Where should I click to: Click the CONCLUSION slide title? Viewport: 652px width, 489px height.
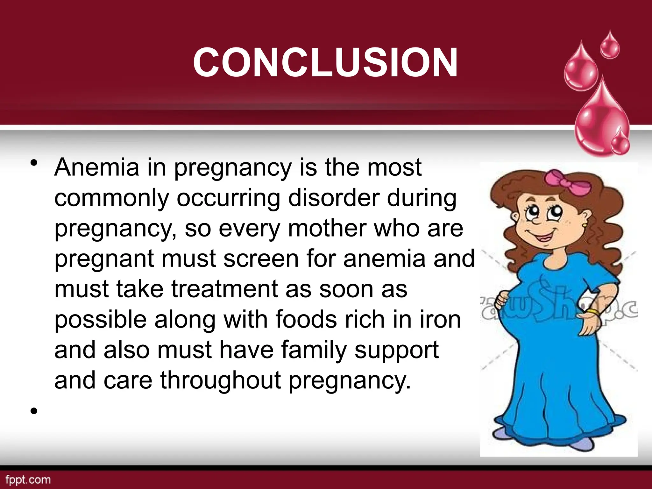(325, 62)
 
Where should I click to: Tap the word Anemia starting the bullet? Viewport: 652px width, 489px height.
(97, 167)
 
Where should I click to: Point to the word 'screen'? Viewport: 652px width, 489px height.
(261, 259)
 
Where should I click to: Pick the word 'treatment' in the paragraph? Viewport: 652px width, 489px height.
(225, 289)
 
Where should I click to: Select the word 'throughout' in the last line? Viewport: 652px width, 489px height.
(221, 380)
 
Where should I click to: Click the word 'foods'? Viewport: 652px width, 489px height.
(306, 320)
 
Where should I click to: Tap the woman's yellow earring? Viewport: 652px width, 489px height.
(585, 225)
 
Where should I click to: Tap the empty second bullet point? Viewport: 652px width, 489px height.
(34, 411)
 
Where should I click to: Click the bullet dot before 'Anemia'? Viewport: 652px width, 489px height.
(34, 163)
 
